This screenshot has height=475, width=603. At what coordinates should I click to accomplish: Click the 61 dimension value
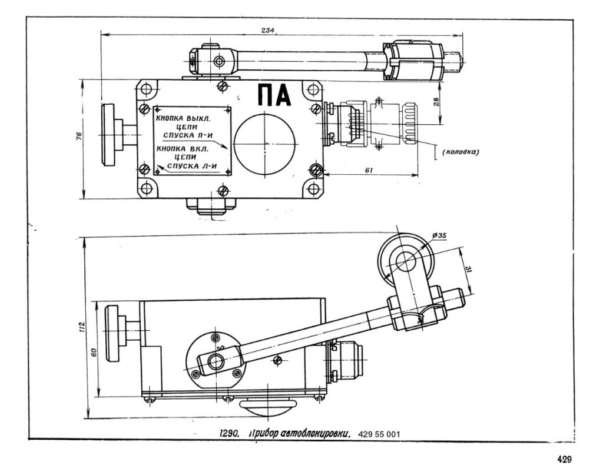coord(370,170)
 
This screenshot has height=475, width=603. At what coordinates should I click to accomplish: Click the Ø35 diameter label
coord(439,237)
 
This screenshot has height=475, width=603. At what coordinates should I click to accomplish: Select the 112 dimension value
coord(82,327)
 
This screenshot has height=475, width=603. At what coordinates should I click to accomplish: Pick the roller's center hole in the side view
coord(405,257)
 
